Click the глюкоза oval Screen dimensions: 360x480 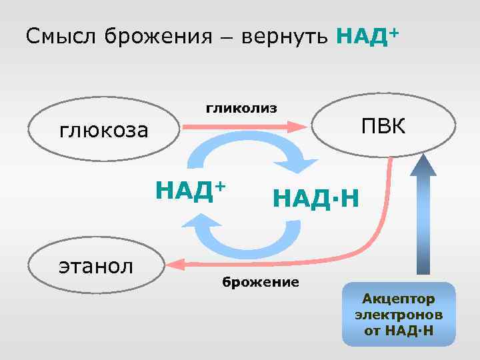pyautogui.click(x=104, y=129)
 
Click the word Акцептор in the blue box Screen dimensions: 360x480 pyautogui.click(x=398, y=298)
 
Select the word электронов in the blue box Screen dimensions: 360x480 pyautogui.click(x=399, y=313)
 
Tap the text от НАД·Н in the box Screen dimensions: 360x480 pyautogui.click(x=399, y=329)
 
